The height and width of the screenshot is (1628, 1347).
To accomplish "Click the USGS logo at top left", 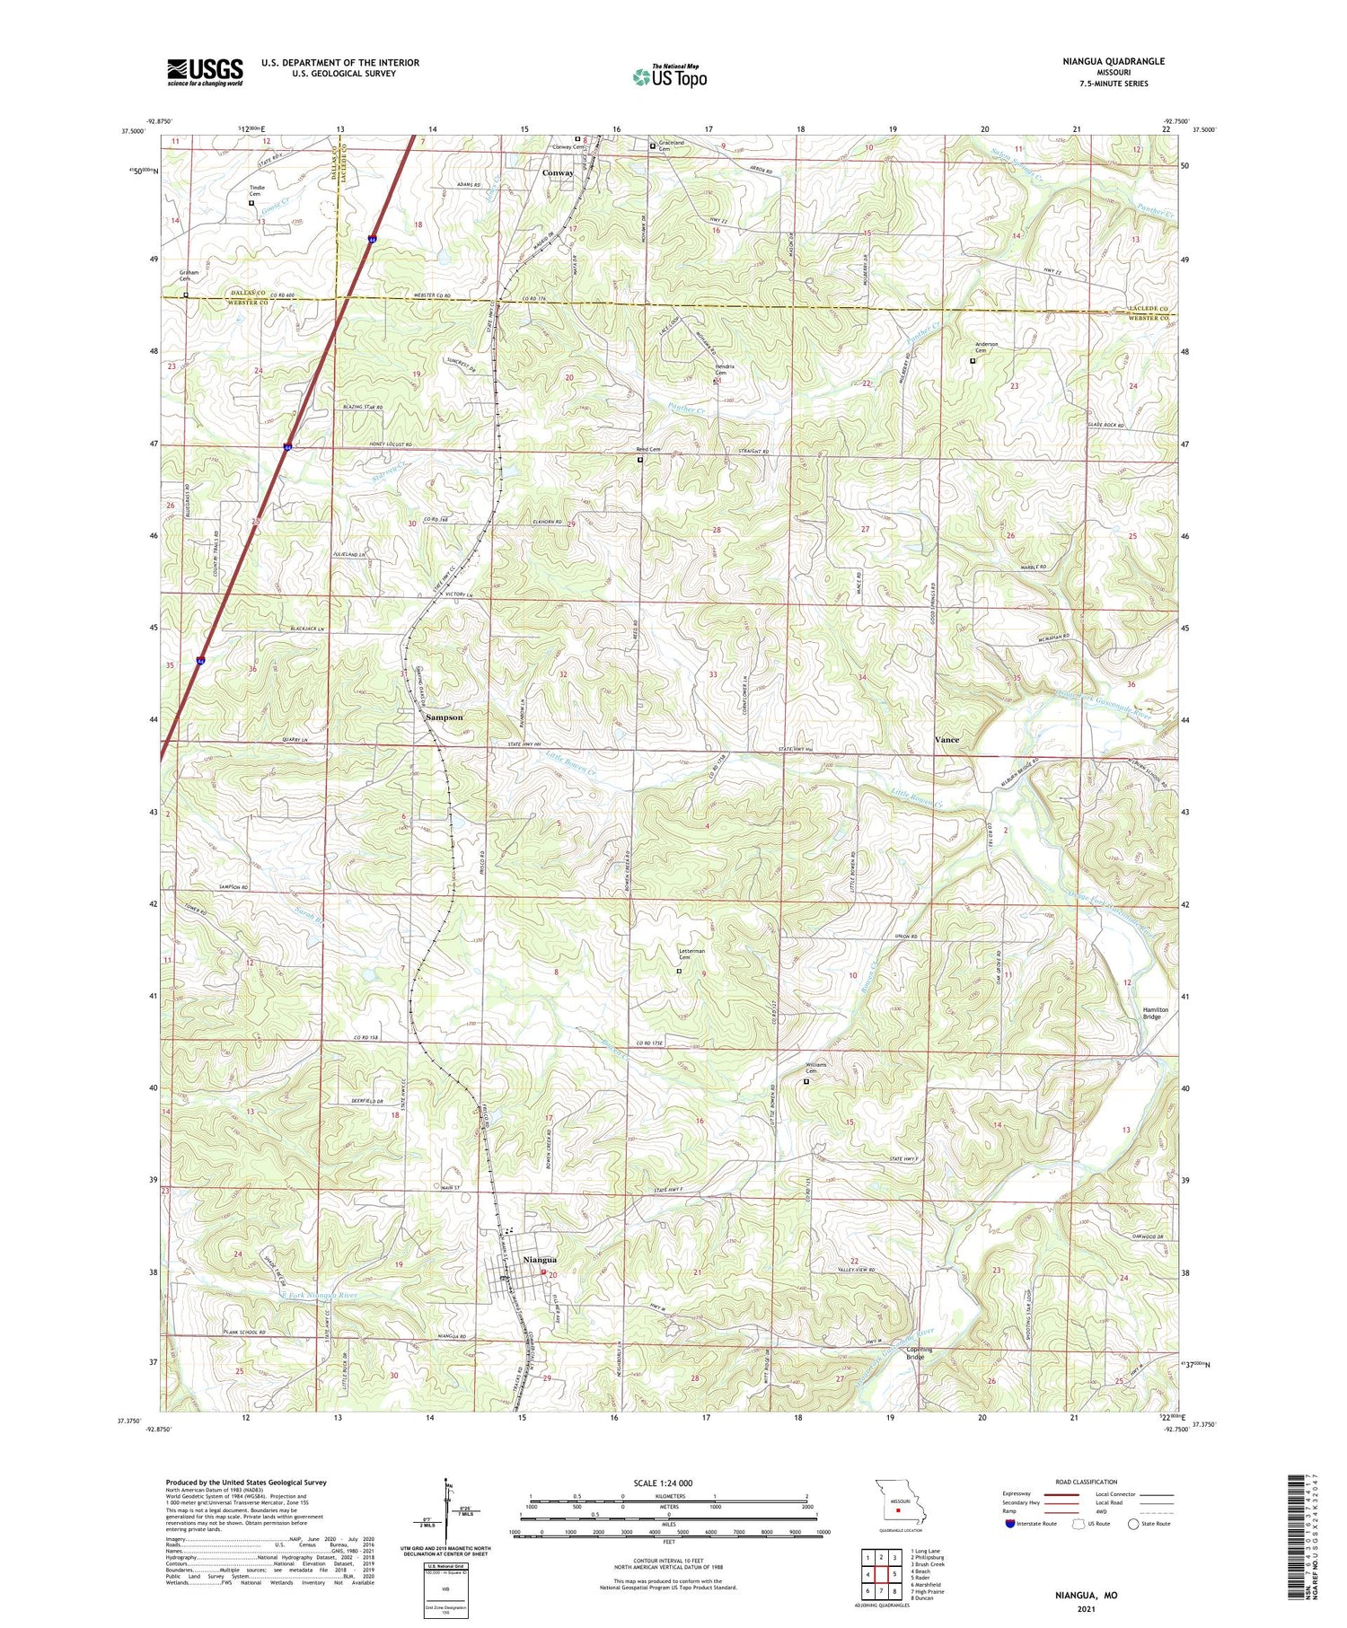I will (205, 72).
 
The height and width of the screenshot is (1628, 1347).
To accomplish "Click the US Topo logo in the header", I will (669, 77).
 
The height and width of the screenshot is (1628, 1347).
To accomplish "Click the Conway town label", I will (558, 173).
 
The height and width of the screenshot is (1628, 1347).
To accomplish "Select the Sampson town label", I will (444, 717).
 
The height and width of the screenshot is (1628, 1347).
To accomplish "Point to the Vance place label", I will (946, 739).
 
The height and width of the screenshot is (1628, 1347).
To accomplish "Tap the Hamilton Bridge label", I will (1157, 1012).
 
